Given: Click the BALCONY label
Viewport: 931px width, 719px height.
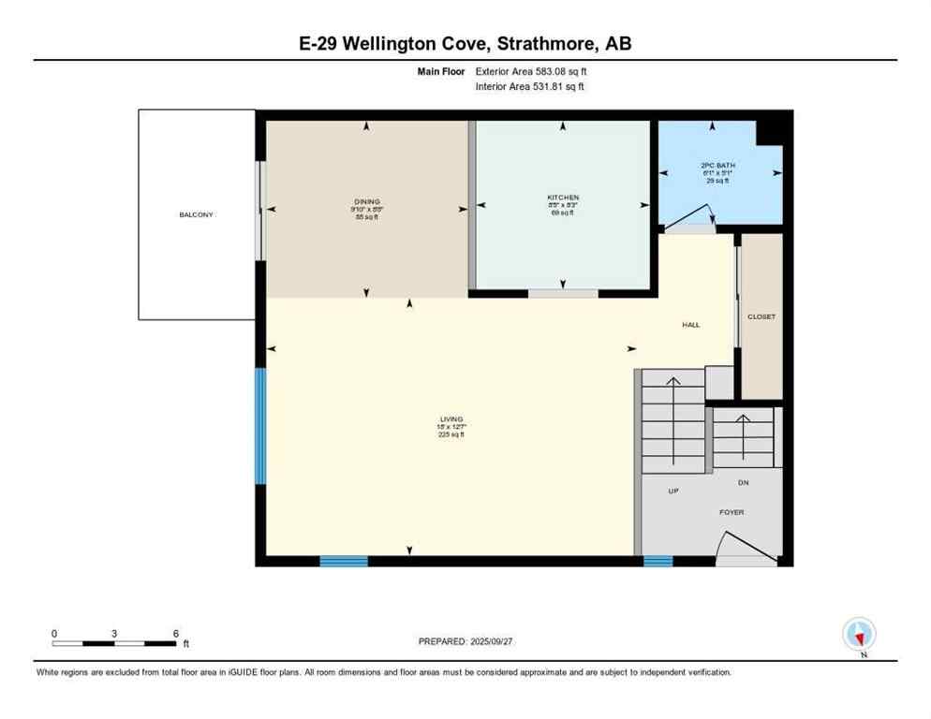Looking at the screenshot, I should tap(197, 215).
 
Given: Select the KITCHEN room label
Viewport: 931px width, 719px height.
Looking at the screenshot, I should tap(563, 198).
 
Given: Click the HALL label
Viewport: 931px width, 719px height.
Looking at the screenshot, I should tap(690, 325).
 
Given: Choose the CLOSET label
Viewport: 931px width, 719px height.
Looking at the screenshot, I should tap(761, 316).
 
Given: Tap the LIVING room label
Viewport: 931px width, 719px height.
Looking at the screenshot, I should tap(452, 419).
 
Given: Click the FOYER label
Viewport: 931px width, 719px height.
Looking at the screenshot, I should tap(731, 512).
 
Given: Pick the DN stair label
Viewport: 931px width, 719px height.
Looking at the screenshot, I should tap(743, 482).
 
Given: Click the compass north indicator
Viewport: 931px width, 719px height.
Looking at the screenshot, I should tap(859, 636).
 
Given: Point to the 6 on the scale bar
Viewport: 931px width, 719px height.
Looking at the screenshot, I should tap(175, 634).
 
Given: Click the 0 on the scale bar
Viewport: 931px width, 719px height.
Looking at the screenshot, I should tap(54, 634).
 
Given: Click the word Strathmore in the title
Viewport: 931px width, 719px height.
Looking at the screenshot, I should tap(549, 43).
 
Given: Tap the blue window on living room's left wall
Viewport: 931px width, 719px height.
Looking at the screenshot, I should tap(260, 426).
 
